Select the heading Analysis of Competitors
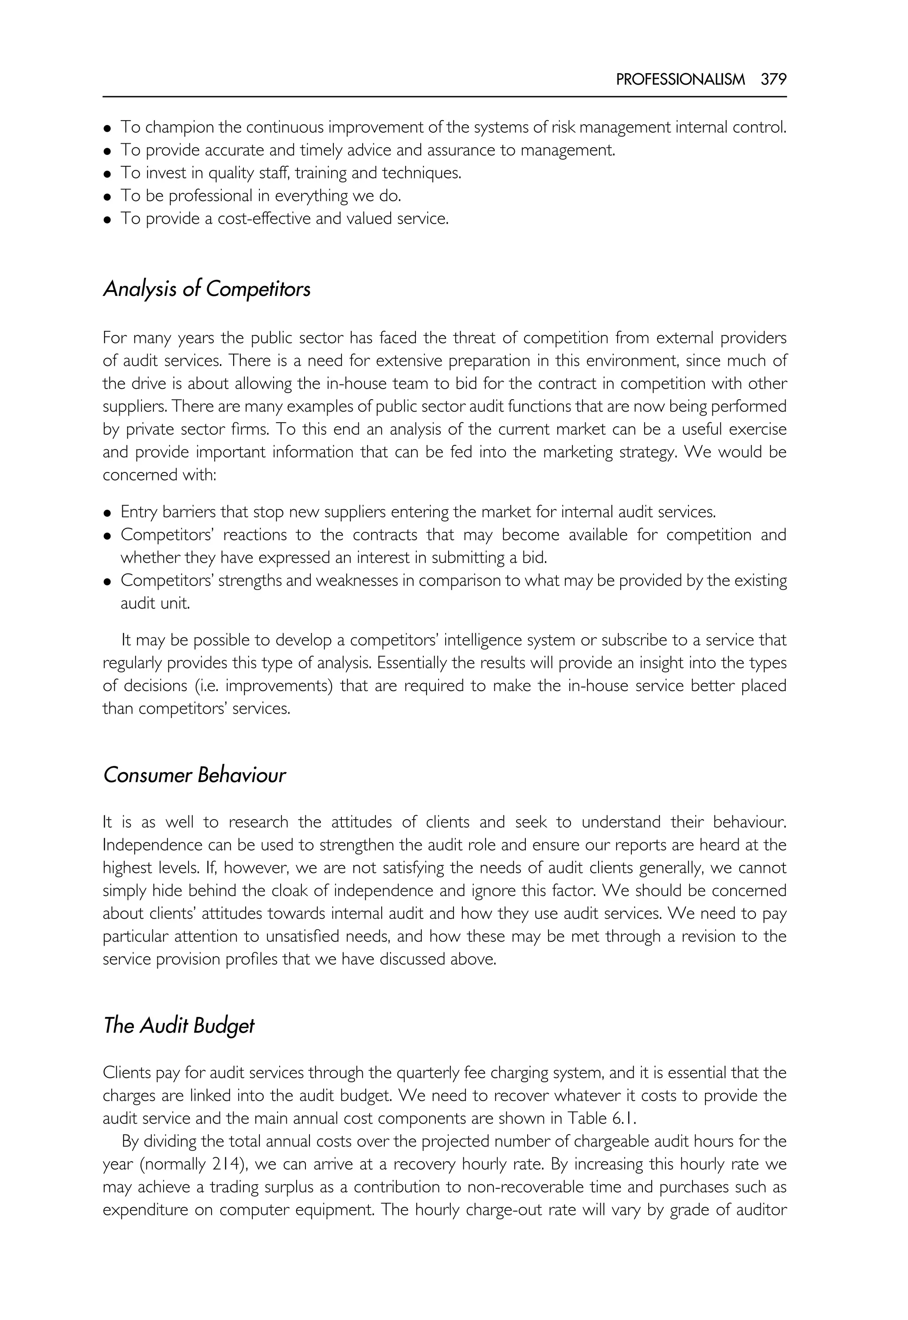point(207,289)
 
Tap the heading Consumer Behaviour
point(194,775)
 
